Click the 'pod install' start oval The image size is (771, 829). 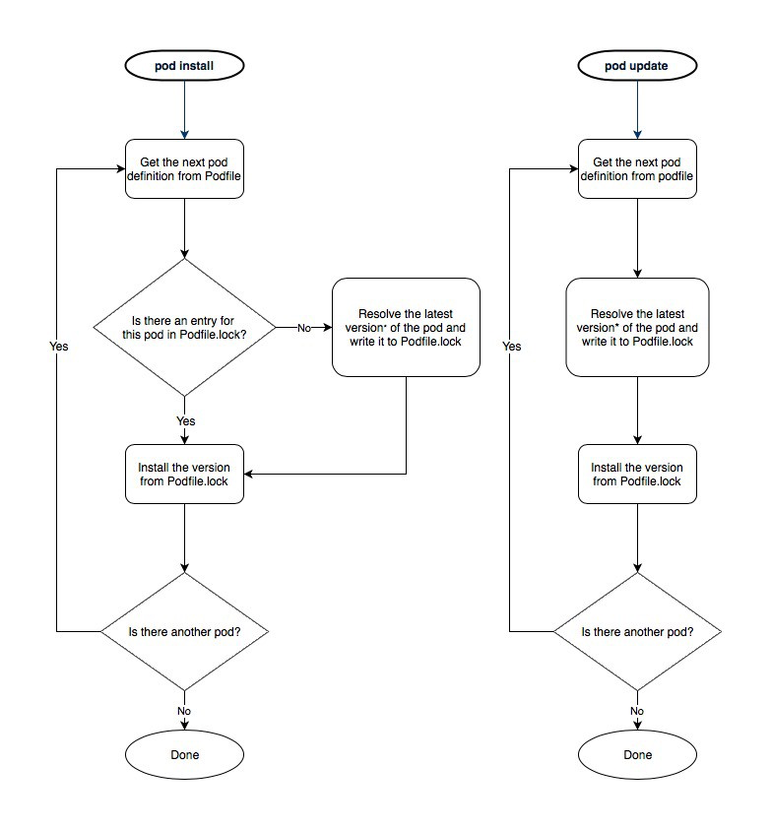coord(185,66)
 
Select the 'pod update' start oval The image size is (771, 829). coord(637,66)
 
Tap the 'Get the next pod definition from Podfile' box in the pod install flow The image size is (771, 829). coord(185,168)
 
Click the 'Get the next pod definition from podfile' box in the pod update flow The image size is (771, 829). coord(637,168)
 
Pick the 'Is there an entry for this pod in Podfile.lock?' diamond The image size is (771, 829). coord(185,327)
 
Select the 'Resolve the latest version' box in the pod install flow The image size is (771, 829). coord(406,327)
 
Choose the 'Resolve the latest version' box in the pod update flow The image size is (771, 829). coord(637,327)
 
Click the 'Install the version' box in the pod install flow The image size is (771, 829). coord(185,474)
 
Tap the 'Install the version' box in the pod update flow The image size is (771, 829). coord(637,474)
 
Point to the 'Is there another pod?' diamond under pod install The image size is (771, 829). coord(185,631)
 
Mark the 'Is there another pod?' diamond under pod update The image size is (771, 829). coord(637,631)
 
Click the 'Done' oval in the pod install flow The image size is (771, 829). coord(185,755)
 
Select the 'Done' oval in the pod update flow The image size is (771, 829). coord(637,755)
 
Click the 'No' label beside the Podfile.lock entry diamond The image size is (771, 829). coord(305,327)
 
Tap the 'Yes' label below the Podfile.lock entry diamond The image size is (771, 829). coord(185,420)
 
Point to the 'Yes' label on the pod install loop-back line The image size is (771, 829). coord(59,347)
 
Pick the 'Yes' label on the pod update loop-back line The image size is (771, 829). coord(511,347)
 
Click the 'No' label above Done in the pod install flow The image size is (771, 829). coord(184,711)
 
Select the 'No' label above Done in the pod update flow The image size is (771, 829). coord(637,711)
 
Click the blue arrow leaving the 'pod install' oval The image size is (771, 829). coord(185,108)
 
